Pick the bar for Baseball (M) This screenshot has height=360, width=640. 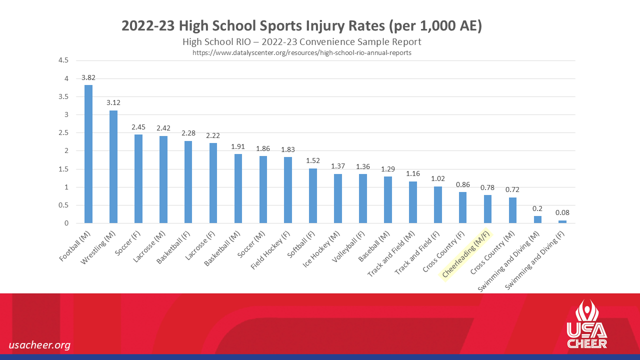coord(388,199)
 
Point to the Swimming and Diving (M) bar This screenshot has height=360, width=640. coord(537,219)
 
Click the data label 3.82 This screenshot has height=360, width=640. coord(88,77)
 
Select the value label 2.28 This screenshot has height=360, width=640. coord(188,133)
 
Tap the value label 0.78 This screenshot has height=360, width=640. coord(487,187)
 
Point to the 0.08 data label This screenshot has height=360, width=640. coord(562,212)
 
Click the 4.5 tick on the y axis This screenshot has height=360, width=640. coord(63,60)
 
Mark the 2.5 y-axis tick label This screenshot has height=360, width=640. coord(63,133)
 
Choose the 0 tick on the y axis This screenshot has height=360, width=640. coord(66,223)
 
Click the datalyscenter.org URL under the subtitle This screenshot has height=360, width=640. coord(302,52)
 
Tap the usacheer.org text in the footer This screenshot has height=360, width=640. coord(39,345)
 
